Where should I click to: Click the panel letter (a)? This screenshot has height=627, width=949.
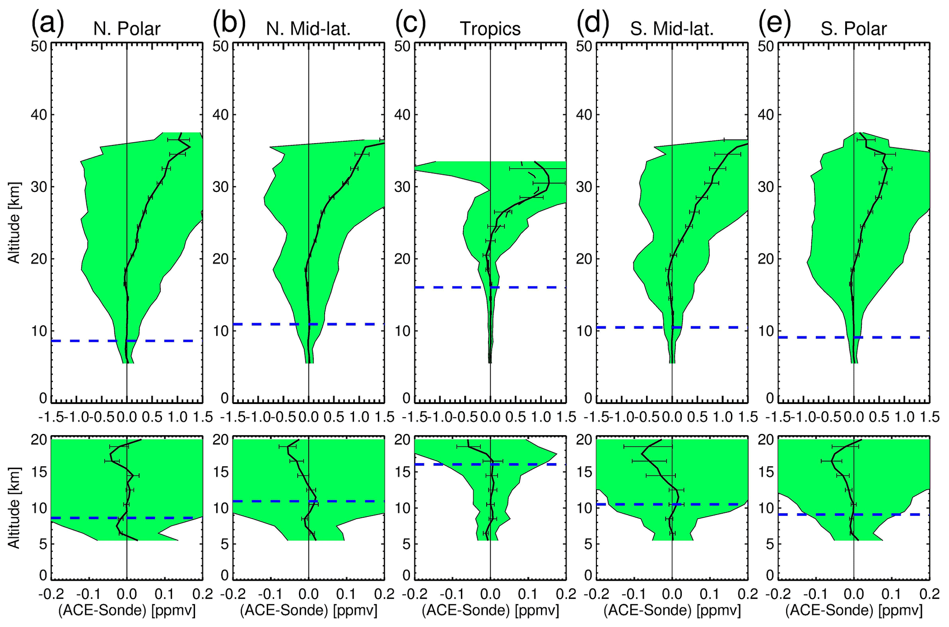coord(47,25)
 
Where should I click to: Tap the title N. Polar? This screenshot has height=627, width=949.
coord(127,29)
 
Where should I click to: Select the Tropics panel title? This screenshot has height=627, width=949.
coord(490,29)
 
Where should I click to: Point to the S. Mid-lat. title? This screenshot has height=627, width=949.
coord(672,29)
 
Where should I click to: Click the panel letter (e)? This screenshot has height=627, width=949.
coord(775,25)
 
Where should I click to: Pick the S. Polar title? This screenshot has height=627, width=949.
coord(854,29)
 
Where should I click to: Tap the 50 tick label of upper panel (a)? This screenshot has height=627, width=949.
coord(39,47)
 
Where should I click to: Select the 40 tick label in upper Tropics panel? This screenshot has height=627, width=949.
coord(403,115)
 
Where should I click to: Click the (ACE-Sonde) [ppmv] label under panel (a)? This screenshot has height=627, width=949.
coord(127,611)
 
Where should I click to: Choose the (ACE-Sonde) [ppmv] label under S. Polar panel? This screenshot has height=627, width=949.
coord(854,611)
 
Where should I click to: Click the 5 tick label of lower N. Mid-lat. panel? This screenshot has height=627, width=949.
coord(225,545)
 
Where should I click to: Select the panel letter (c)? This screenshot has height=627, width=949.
coord(410,25)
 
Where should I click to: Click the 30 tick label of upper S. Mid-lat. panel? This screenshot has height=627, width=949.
coord(584,187)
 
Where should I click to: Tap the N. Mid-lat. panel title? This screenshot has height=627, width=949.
coord(308,29)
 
